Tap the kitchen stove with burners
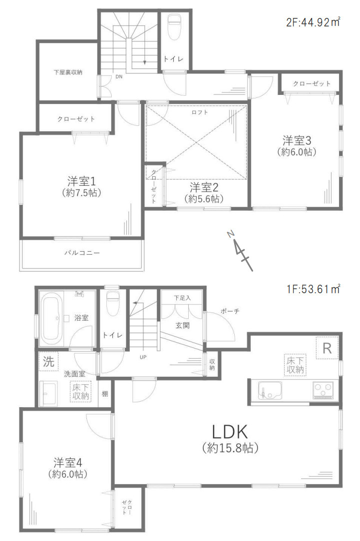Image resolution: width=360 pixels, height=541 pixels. coord(323,389)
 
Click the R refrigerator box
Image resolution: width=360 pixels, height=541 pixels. coord(327,348)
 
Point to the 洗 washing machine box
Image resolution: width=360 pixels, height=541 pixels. coord(48,362)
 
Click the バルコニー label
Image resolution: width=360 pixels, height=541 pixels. coord(82,253)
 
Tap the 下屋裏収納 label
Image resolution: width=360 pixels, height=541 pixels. coord(68,72)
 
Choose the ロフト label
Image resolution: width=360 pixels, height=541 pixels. coord(200,112)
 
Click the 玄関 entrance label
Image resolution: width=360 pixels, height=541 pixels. coord(181,326)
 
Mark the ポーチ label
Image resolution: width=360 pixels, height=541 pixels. coord(230,311)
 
